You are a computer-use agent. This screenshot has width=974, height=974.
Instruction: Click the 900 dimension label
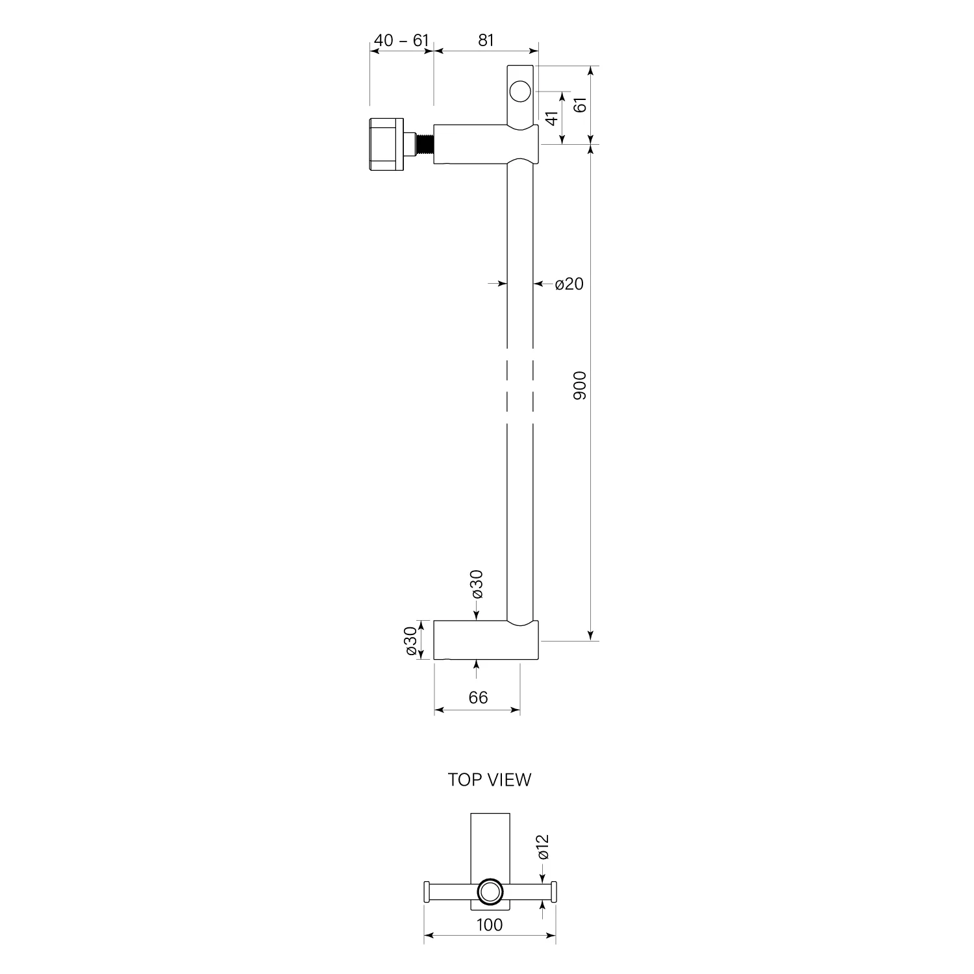point(580,385)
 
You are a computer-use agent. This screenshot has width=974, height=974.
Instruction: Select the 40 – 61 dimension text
point(402,40)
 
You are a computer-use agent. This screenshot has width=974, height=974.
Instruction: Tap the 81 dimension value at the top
point(486,40)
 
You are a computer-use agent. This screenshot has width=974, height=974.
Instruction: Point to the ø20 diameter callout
point(569,284)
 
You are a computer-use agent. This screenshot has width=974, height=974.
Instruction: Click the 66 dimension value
point(478,697)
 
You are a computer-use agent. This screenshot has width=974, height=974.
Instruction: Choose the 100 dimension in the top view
point(489,925)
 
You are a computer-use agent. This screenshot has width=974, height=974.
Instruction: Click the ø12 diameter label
point(543,847)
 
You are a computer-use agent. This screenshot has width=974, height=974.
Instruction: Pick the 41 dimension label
point(552,118)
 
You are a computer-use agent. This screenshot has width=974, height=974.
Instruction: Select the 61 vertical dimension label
point(581,104)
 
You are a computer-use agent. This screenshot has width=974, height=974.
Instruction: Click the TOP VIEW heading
point(489,780)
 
